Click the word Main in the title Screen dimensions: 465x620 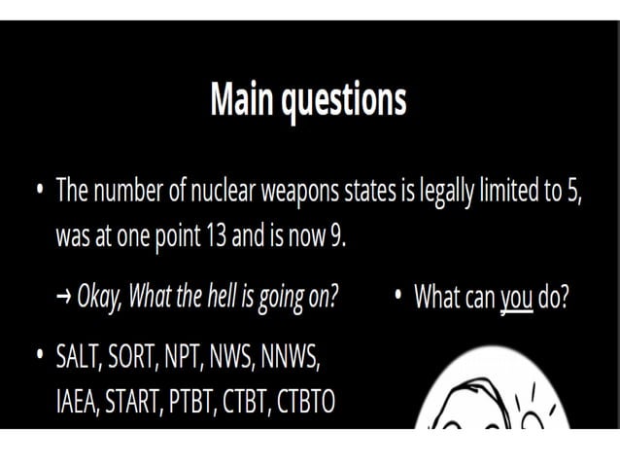(x=242, y=99)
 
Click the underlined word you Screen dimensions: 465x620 (x=516, y=297)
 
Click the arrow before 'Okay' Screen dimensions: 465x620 (x=64, y=297)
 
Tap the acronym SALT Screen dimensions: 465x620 (x=81, y=357)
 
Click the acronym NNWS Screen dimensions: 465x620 (x=291, y=357)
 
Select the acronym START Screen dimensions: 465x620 (x=145, y=402)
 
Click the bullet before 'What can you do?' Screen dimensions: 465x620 (x=399, y=295)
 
